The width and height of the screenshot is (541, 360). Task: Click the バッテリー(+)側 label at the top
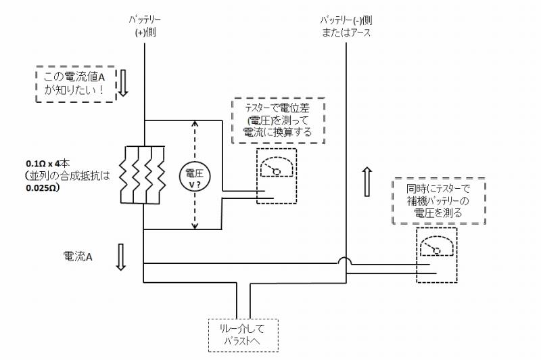coord(145,26)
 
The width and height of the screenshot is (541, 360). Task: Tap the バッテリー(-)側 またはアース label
coord(346,26)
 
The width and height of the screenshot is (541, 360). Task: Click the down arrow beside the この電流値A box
coord(123,83)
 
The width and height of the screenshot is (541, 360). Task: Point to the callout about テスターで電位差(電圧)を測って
coord(279,120)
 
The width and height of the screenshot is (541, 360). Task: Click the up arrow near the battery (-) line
coord(367,182)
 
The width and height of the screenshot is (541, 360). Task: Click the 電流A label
coord(78,256)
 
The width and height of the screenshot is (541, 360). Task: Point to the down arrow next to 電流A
coord(120,256)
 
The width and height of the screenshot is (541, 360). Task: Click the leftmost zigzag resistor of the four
coord(124,175)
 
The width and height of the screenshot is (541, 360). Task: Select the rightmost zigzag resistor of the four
coord(161,175)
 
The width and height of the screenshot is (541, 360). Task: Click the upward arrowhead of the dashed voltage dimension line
coord(195,124)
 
